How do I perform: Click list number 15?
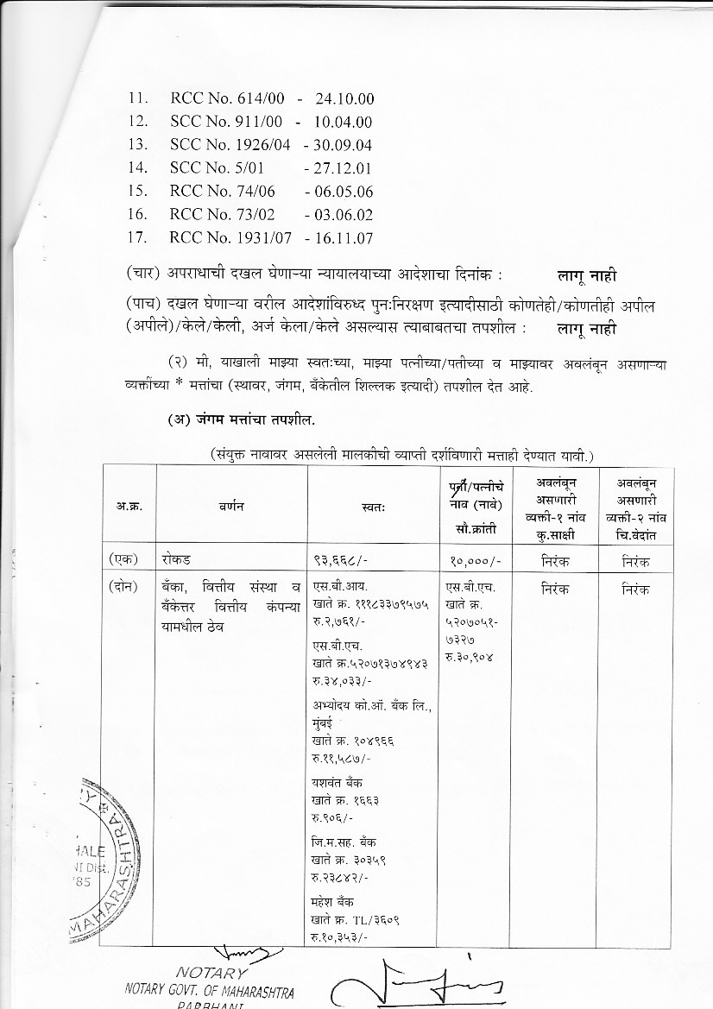(x=138, y=192)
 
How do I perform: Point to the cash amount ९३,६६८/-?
(x=343, y=560)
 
